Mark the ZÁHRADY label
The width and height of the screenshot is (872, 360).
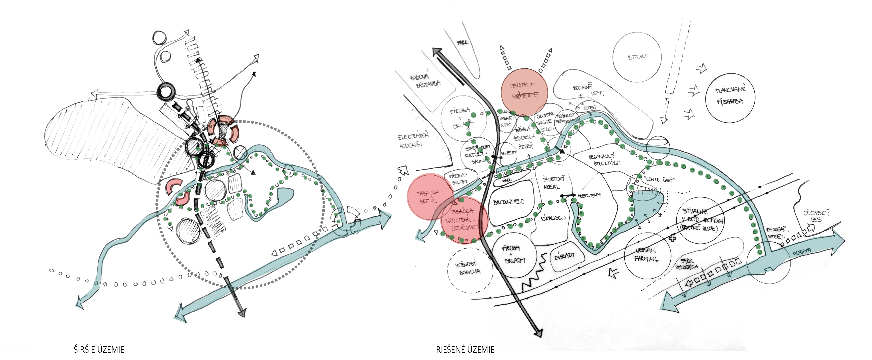pos(564,256)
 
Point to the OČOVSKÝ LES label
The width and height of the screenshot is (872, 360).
pos(816,216)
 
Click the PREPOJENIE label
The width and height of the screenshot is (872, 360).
pos(589,196)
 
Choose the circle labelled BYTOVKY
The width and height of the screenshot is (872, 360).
pos(637,57)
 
